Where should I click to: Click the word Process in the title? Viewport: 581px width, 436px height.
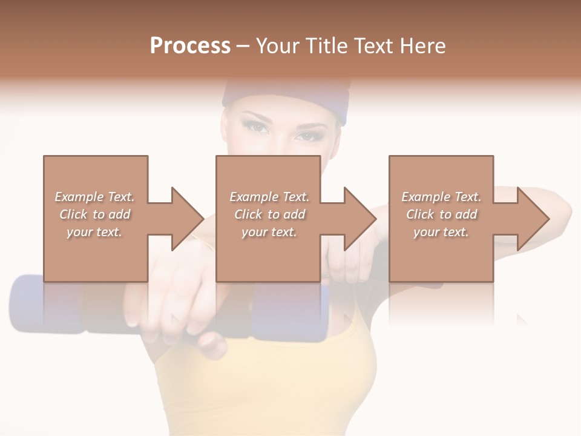click(x=190, y=45)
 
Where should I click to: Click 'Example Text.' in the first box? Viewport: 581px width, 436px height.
click(x=94, y=197)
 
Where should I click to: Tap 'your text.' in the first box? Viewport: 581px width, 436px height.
click(x=94, y=232)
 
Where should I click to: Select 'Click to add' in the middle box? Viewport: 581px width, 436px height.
click(x=269, y=214)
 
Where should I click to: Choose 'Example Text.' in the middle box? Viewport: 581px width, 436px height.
click(x=269, y=197)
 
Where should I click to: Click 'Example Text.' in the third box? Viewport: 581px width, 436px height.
click(x=441, y=197)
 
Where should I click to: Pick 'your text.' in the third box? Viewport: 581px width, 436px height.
click(x=441, y=232)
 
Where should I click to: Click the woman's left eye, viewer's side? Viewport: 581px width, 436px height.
click(x=257, y=128)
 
